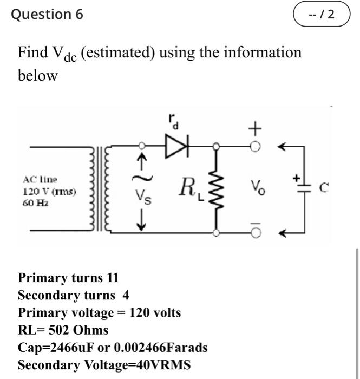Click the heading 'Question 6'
[x=48, y=15]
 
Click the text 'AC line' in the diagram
[x=40, y=179]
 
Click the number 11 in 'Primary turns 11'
[x=113, y=278]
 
